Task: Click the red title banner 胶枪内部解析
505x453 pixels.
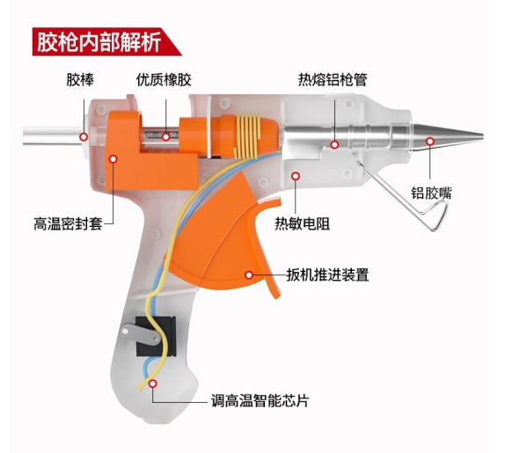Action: coord(106,42)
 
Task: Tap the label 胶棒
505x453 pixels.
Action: coord(80,79)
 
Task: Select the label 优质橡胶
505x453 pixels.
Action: coord(164,79)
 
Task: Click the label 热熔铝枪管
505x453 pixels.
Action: coord(333,79)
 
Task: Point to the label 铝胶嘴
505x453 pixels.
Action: coord(432,193)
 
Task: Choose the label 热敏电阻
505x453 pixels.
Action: coord(303,223)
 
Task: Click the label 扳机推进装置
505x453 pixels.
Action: coord(328,274)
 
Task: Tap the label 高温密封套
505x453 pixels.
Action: coord(68,223)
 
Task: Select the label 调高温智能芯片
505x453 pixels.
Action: coord(260,401)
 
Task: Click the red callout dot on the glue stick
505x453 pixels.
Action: coord(84,137)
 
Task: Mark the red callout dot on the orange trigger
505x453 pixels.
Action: coord(249,275)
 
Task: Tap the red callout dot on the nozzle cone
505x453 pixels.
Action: coord(430,141)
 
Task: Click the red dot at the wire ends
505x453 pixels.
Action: coord(153,384)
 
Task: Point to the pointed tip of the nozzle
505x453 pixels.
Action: coord(482,135)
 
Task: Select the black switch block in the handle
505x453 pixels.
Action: coord(156,337)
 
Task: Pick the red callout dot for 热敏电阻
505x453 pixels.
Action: coord(296,176)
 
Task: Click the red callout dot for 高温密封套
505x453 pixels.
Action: coord(113,158)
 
